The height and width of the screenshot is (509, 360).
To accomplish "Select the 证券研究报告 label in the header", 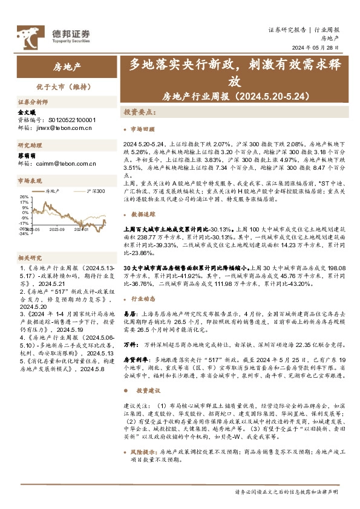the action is (x=287, y=30).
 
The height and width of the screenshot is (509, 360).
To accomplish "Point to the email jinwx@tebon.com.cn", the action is (x=54, y=128).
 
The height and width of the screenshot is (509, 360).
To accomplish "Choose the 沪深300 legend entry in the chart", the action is (x=96, y=191).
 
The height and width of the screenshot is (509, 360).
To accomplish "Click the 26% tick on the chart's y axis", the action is (x=24, y=196).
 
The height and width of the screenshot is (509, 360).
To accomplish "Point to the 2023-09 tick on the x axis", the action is (x=57, y=230).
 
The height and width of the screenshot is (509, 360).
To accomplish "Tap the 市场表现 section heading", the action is (x=30, y=181).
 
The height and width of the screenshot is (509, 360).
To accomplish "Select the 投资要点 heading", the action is (x=138, y=112).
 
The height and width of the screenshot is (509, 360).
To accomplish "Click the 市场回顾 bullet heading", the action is (x=143, y=129).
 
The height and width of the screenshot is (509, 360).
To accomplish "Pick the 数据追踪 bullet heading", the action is (x=143, y=215).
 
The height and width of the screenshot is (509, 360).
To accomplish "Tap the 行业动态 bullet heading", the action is (x=143, y=299).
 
